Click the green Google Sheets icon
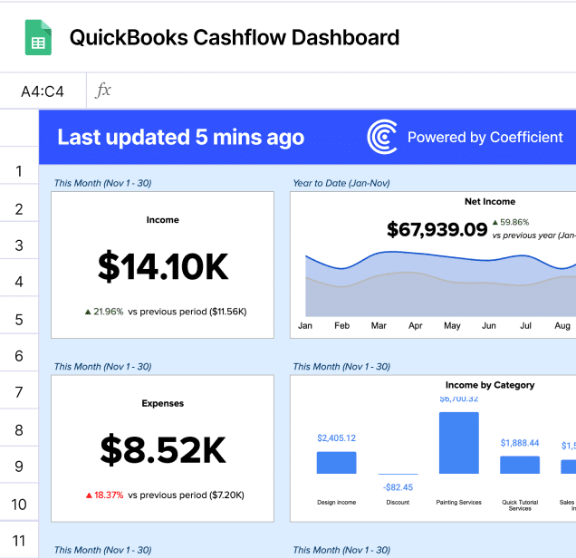point(38,38)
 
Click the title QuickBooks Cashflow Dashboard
point(235,38)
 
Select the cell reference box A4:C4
point(43,91)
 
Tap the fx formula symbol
point(104,91)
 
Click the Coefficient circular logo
point(382,138)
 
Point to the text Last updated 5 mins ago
point(181,138)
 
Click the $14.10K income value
point(163,266)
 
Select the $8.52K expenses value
point(163,449)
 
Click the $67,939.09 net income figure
point(437,229)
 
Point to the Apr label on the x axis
point(415,325)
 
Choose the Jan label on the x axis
point(305,325)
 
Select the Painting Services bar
point(459,443)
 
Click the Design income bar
point(336,462)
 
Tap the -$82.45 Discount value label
point(397,487)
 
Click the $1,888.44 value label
point(520,443)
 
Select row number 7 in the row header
point(19,393)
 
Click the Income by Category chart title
point(490,385)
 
